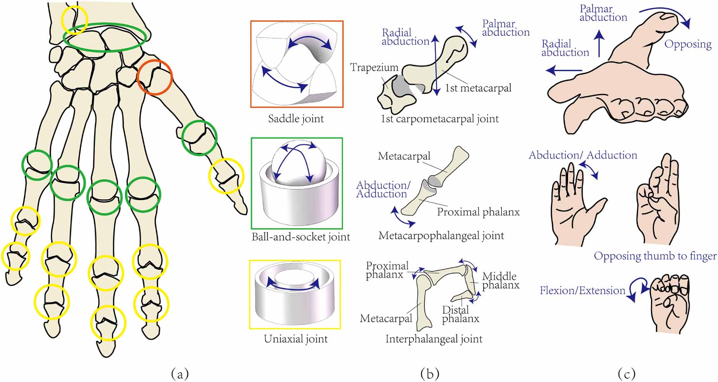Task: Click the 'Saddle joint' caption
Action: pyautogui.click(x=296, y=119)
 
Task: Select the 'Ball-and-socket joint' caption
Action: pyautogui.click(x=301, y=237)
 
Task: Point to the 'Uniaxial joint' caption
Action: pyautogui.click(x=296, y=339)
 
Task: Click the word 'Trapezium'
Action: pyautogui.click(x=374, y=67)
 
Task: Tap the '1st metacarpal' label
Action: pyautogui.click(x=478, y=88)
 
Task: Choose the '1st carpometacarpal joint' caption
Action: pyautogui.click(x=440, y=119)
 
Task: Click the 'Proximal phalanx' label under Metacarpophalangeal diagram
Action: pyautogui.click(x=479, y=212)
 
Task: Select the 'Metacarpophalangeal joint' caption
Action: pyautogui.click(x=441, y=236)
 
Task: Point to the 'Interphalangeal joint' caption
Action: pyautogui.click(x=434, y=339)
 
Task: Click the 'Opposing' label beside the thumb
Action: pyautogui.click(x=688, y=44)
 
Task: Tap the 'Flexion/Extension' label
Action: pyautogui.click(x=583, y=290)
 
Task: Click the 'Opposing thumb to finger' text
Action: pyautogui.click(x=655, y=255)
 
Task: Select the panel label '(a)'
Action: pyautogui.click(x=180, y=374)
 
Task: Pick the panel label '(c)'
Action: pyautogui.click(x=627, y=374)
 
